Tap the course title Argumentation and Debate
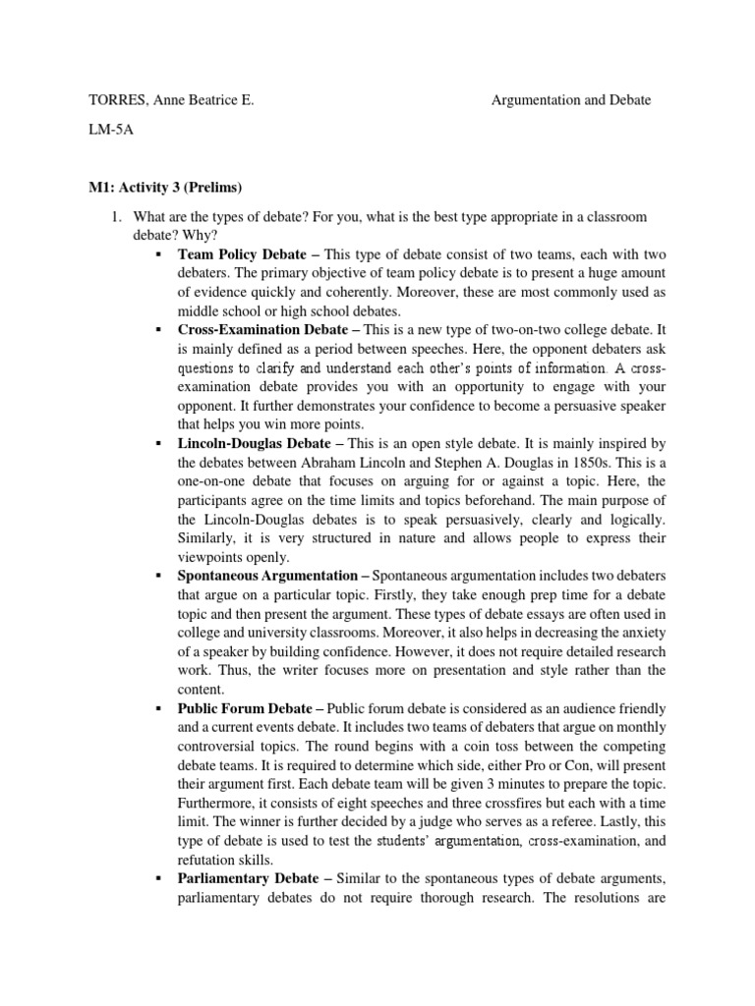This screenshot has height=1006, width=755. point(570,100)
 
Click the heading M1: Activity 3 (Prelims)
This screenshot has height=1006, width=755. point(164,188)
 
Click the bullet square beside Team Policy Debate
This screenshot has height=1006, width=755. point(157,254)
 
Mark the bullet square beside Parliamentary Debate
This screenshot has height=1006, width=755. point(157,877)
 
